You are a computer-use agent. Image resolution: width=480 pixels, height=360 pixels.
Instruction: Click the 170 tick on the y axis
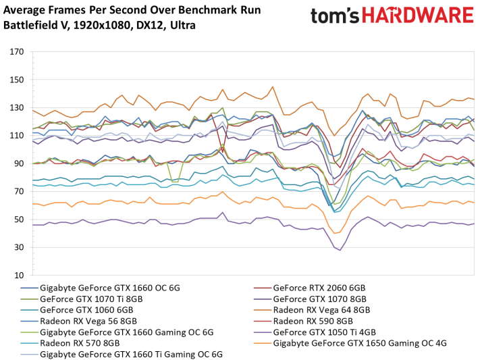(17, 52)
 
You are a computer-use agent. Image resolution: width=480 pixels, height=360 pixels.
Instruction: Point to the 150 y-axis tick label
(17, 80)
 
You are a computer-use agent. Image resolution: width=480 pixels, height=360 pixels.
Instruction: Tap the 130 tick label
(17, 107)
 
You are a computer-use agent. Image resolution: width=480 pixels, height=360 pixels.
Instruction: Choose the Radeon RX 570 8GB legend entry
(77, 342)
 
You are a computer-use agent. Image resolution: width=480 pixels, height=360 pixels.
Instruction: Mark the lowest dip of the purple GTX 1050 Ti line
(340, 250)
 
